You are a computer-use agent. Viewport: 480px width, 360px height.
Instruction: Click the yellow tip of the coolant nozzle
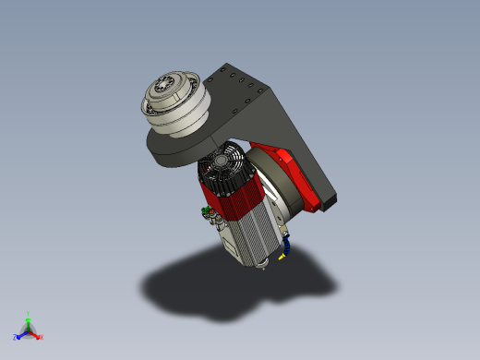tap(281, 258)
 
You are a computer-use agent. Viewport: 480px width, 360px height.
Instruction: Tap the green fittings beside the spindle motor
tap(206, 214)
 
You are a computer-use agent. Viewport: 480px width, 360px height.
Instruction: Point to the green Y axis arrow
tap(29, 318)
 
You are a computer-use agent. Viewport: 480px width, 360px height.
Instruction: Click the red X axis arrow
tap(36, 335)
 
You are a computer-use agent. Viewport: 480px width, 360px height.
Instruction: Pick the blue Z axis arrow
tap(19, 335)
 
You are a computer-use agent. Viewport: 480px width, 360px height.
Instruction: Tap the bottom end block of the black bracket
tap(330, 198)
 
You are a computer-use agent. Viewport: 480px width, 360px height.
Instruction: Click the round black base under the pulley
tap(180, 148)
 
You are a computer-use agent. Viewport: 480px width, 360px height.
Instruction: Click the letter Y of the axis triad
tap(29, 313)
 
